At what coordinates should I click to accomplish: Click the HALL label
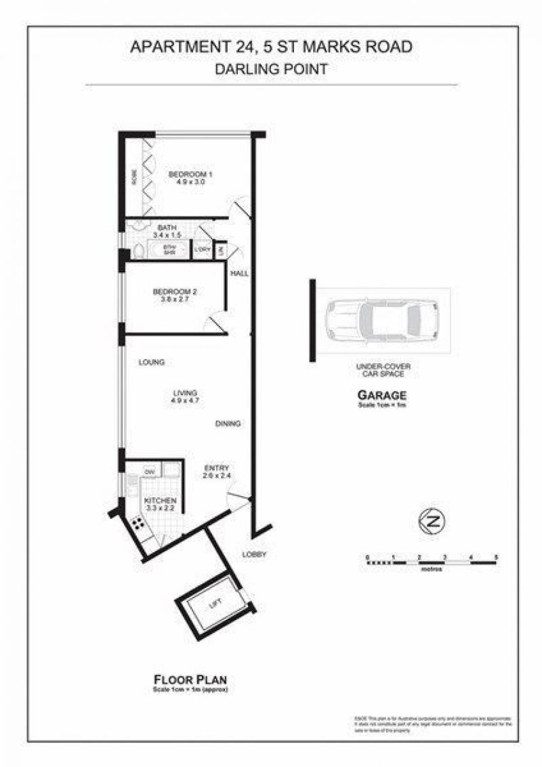pos(239,274)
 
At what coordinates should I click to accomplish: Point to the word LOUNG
pos(152,362)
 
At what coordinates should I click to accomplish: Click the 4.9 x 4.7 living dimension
pos(184,401)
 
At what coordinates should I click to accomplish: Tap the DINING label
pos(228,424)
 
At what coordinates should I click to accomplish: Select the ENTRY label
pos(217,468)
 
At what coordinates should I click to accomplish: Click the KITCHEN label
pos(161,500)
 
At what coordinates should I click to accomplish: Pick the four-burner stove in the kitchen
pos(138,523)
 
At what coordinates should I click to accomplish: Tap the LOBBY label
pos(255,555)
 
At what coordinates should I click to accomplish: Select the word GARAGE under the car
pos(381,396)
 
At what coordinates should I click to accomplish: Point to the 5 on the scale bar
pos(497,556)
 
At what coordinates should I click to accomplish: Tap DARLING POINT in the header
pos(271,68)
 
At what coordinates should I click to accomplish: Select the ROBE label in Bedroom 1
pos(134,178)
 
